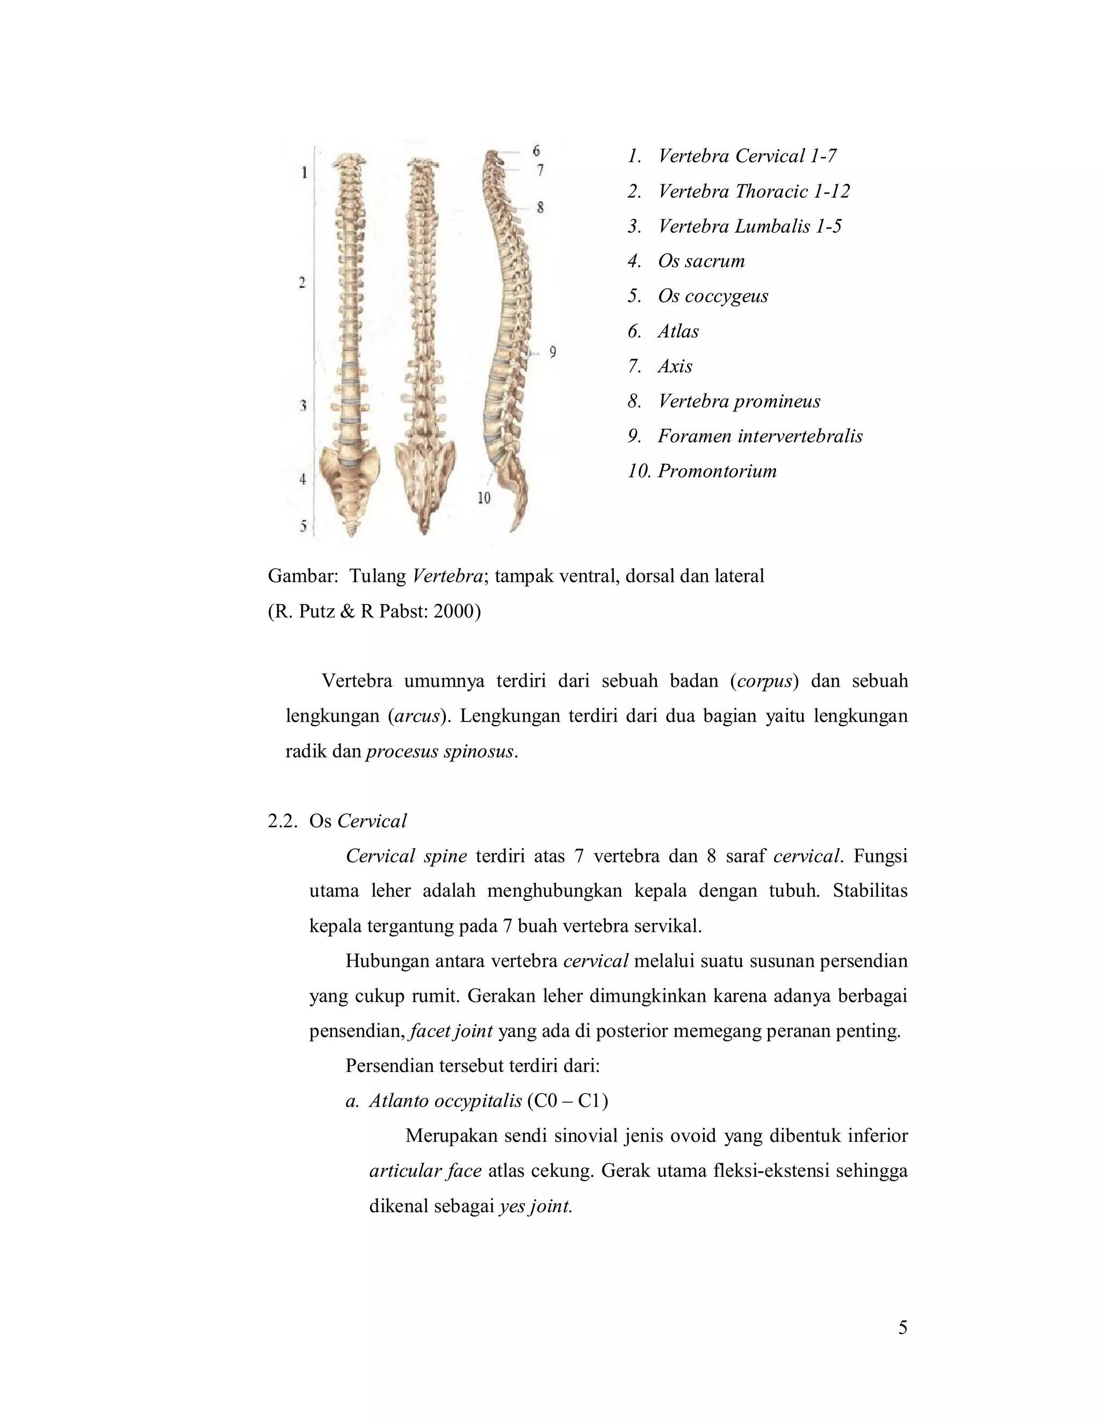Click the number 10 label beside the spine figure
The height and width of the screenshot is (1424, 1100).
click(x=483, y=498)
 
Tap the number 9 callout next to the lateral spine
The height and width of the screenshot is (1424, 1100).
click(x=553, y=353)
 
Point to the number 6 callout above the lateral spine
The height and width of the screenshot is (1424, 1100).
click(x=537, y=150)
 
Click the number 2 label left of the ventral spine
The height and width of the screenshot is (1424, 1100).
click(x=302, y=283)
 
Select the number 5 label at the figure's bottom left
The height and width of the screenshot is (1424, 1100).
click(x=303, y=526)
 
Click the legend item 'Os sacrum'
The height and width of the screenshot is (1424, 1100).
click(x=700, y=262)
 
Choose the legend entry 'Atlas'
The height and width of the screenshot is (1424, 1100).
click(x=678, y=331)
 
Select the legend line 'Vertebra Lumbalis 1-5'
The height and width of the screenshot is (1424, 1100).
click(x=749, y=226)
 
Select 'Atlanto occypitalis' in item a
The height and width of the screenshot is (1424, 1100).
click(x=445, y=1101)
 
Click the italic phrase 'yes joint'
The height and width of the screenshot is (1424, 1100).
click(x=535, y=1206)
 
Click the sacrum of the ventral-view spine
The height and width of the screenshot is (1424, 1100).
click(x=350, y=483)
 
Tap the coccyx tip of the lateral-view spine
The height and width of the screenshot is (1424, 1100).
click(x=514, y=530)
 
